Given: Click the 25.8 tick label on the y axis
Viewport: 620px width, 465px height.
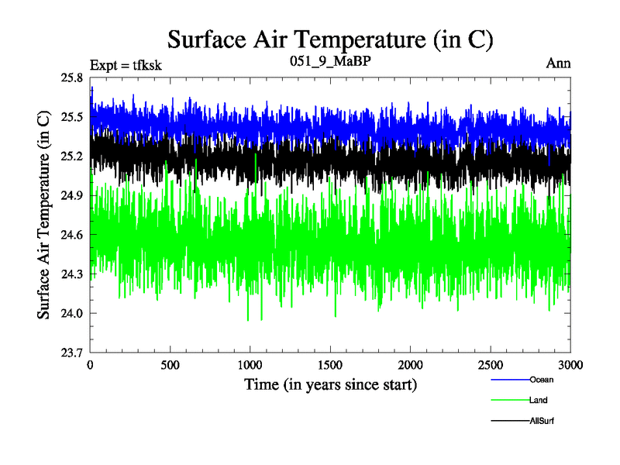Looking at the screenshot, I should [x=71, y=78].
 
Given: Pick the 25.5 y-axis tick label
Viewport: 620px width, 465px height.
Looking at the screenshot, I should [x=71, y=117].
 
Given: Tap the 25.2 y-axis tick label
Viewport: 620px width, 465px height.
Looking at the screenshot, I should [x=71, y=157].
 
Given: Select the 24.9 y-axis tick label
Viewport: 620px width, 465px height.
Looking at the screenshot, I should [x=71, y=195].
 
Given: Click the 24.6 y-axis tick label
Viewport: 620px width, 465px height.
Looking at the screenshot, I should [x=71, y=235].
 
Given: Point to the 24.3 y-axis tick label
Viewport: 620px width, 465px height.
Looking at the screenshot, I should [x=71, y=274].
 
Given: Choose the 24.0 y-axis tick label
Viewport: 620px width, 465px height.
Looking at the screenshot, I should [x=71, y=313].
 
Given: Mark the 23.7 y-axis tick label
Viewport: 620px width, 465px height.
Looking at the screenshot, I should [x=71, y=352].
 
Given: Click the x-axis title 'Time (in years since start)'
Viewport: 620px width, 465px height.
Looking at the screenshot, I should [x=331, y=384].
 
